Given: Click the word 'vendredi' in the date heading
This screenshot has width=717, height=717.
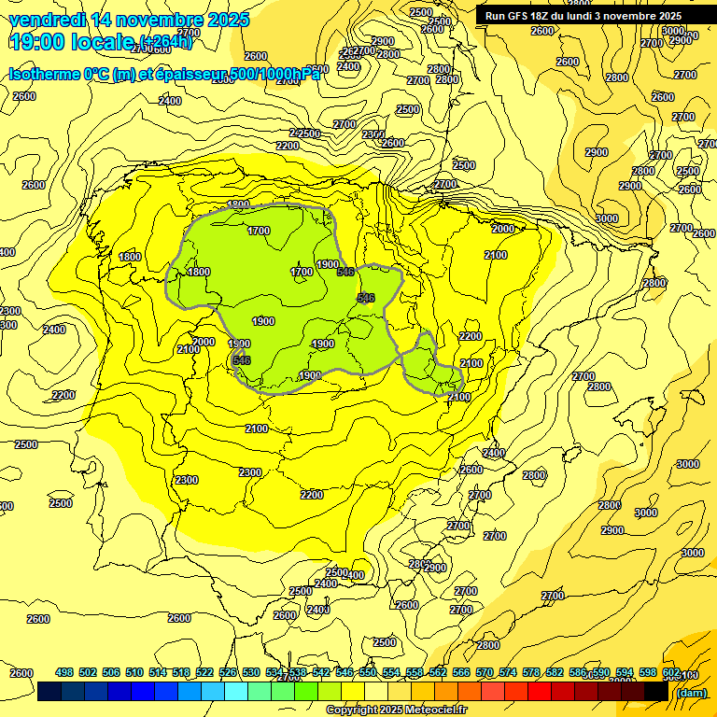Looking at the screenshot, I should pos(45,20).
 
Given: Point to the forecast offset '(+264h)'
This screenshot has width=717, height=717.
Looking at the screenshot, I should pos(165,42).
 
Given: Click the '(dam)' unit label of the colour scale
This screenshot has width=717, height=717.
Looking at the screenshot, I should pos(690,692).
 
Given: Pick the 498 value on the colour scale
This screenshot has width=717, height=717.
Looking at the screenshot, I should pos(64,672).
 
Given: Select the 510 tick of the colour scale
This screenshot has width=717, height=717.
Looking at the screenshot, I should pos(134,672).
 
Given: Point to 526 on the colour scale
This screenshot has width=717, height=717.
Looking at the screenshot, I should pos(228,672).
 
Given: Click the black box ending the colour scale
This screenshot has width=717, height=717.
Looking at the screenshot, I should pos(656,692).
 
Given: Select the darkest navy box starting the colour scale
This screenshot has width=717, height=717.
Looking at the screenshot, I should pos(49,692).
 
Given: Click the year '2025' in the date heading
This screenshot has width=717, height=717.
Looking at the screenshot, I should pos(228,20).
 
